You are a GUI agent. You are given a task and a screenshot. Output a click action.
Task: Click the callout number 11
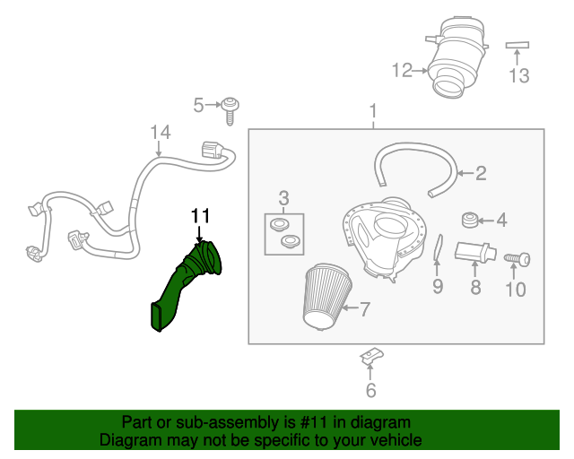[199, 215]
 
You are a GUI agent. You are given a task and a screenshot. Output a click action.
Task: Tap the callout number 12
[401, 69]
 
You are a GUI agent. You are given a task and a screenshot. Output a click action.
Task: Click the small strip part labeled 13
[519, 43]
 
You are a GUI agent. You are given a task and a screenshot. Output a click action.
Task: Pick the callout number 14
[160, 133]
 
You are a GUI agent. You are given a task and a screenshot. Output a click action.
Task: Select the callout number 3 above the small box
[283, 197]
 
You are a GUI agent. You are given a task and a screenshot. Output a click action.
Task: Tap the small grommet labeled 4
[467, 219]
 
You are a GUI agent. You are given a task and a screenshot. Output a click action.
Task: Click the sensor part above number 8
[474, 252]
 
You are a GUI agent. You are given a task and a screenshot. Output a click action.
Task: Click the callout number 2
[481, 173]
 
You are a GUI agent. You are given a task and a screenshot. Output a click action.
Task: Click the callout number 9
[438, 287]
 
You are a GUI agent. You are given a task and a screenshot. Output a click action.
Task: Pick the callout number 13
[519, 75]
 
